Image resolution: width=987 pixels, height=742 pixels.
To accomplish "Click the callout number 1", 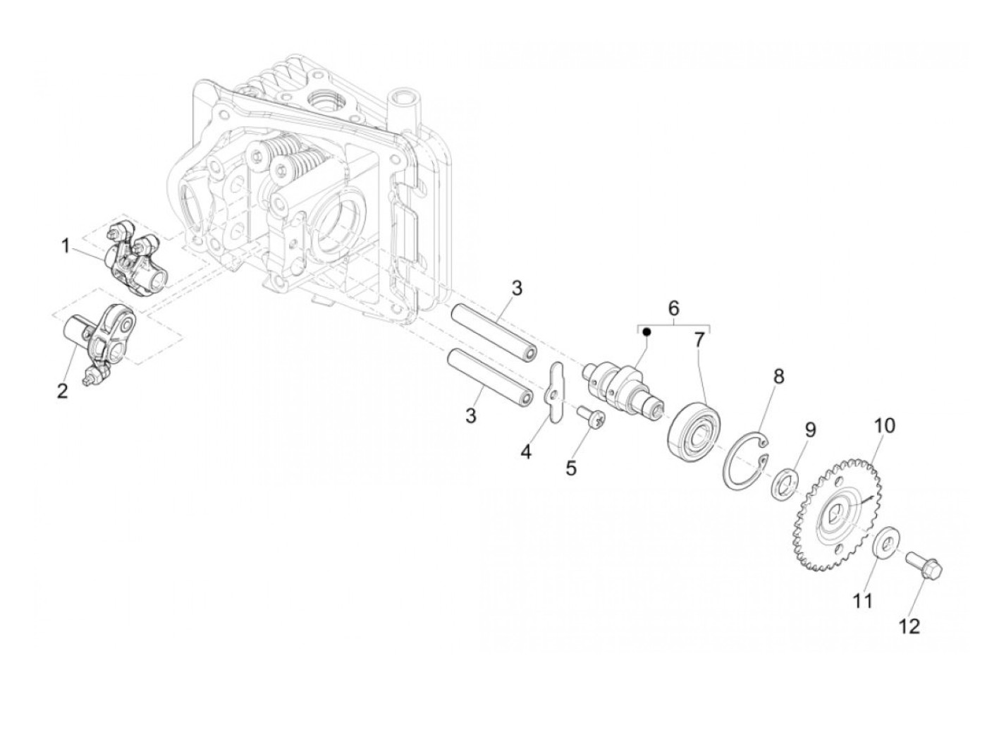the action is tap(65, 246).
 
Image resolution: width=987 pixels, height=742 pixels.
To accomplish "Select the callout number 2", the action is tap(63, 391).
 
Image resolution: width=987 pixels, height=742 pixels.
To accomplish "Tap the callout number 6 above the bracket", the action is tap(673, 308).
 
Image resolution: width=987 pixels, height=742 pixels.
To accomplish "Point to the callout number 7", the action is tap(699, 340).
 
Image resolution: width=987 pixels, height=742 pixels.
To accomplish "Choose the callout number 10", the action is tap(885, 425).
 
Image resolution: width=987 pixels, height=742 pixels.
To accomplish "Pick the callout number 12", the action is tap(911, 626).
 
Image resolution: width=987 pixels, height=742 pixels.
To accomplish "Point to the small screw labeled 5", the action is tap(587, 419).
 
